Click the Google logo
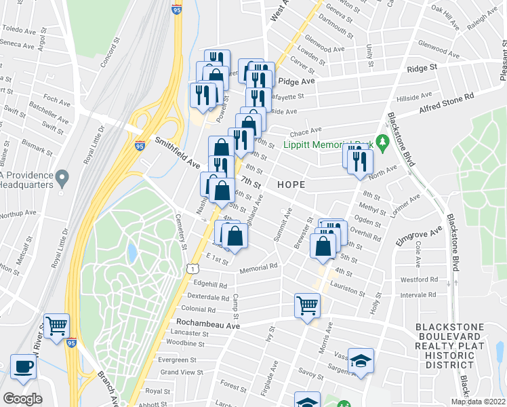(x=22, y=399)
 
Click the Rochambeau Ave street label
(x=208, y=324)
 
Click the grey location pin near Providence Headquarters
(x=62, y=179)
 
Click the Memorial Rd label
(x=258, y=268)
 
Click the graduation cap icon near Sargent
(x=361, y=362)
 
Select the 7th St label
(x=251, y=183)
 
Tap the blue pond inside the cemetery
(x=131, y=254)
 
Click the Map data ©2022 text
(x=479, y=402)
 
